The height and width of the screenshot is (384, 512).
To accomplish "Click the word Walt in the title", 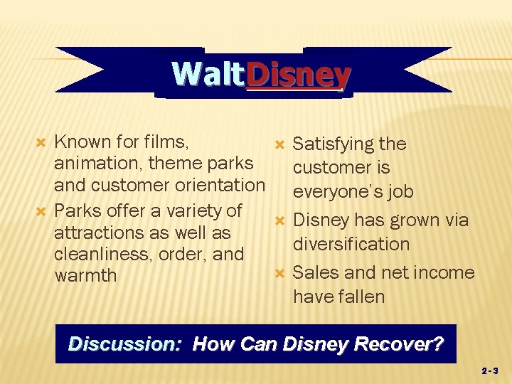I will (207, 74).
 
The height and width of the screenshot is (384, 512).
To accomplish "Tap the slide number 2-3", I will (491, 371).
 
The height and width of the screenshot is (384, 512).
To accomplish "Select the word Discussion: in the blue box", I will (125, 345).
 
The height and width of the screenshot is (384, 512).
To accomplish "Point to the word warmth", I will (85, 275).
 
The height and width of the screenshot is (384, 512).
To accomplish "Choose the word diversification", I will (351, 244).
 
